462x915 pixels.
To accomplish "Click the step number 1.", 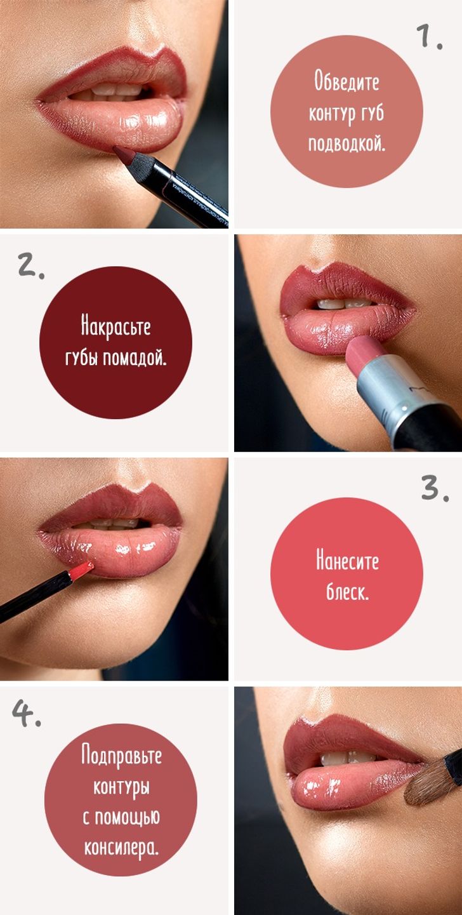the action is [x=430, y=37].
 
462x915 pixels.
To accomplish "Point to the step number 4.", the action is [x=27, y=713].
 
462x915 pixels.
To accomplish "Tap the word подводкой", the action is [x=346, y=144].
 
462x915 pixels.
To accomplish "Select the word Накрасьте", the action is [x=116, y=327].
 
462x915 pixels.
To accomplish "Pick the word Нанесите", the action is [x=347, y=561].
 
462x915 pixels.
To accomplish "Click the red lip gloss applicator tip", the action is [x=81, y=570].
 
